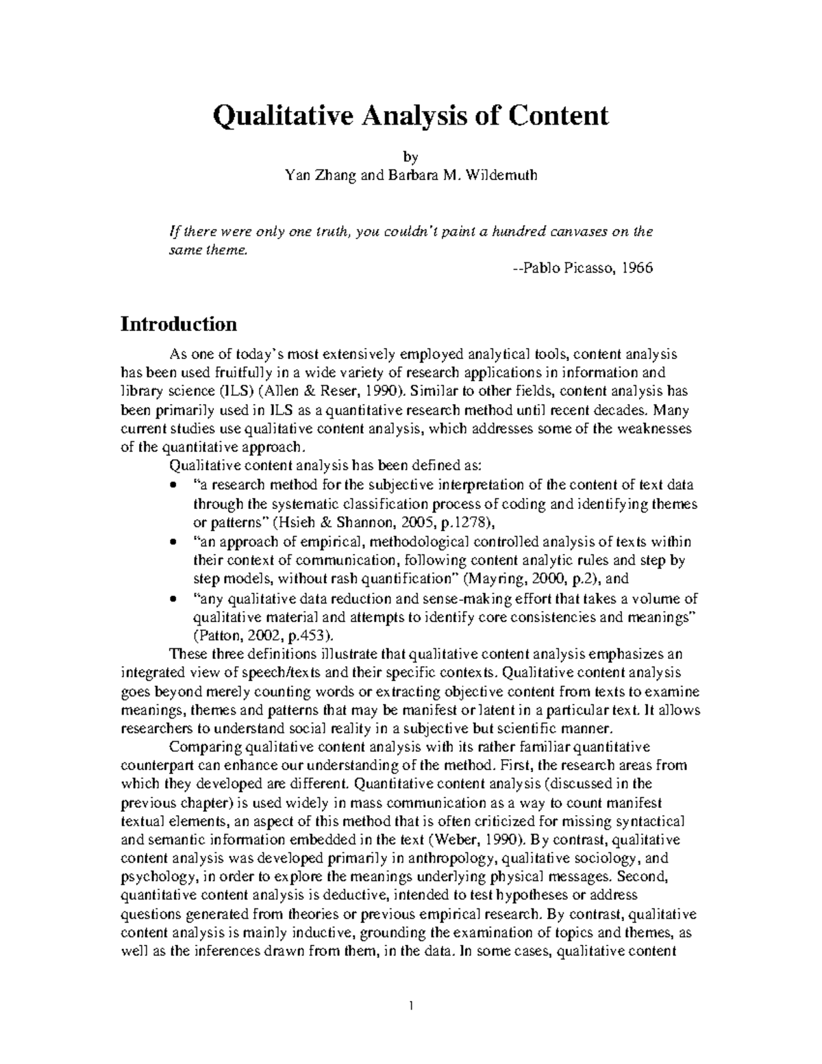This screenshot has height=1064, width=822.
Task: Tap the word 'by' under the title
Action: point(411,156)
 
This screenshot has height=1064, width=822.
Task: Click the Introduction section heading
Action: point(179,323)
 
